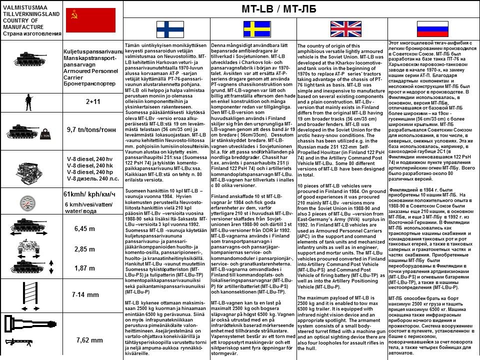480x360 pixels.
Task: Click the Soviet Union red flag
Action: pos(90,20)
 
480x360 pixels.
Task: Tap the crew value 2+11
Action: pos(93,101)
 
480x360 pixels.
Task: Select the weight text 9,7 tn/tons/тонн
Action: pos(91,129)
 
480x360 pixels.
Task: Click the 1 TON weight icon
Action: pos(44,135)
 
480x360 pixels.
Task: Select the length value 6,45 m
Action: pos(84,228)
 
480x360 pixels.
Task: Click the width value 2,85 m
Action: pos(84,249)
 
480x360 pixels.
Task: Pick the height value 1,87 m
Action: pos(84,268)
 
